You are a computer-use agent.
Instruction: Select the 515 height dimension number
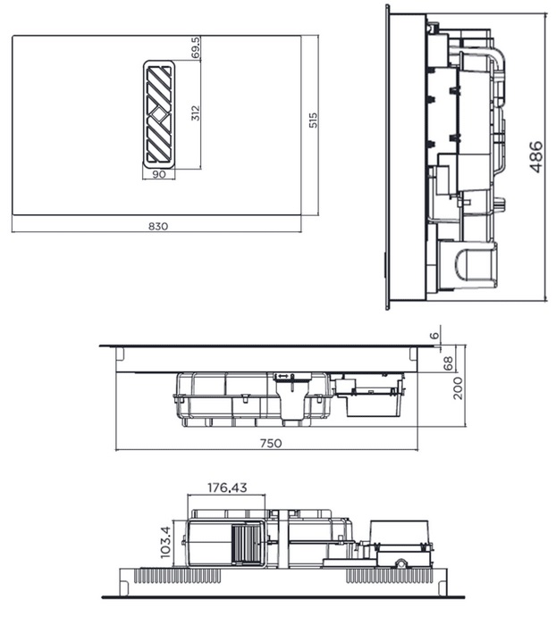point(313,121)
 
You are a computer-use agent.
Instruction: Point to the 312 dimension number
point(195,113)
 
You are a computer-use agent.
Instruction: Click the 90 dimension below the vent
point(159,174)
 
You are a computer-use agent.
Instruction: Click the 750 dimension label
point(270,443)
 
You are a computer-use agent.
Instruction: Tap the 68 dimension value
point(449,362)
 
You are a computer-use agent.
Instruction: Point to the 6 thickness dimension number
point(435,335)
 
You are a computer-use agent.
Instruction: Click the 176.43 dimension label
point(227,488)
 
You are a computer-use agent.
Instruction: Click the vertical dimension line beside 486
point(546,157)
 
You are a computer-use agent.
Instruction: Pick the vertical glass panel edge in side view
point(387,157)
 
